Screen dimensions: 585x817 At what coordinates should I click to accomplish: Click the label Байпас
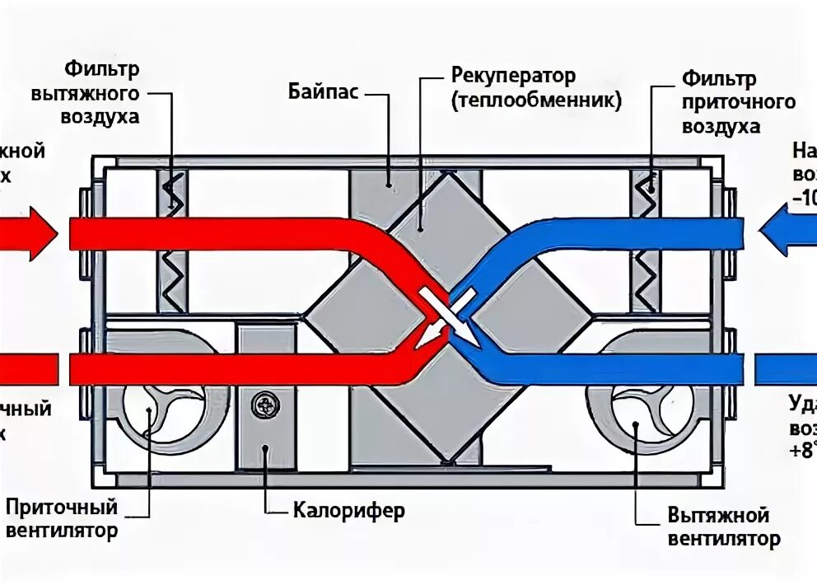click(323, 91)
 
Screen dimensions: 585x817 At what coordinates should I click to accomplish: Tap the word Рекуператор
click(513, 76)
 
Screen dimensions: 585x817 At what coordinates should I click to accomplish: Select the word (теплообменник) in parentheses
click(535, 101)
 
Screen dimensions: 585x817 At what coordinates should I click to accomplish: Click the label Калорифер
click(349, 511)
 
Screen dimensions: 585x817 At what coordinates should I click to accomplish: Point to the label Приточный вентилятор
click(61, 517)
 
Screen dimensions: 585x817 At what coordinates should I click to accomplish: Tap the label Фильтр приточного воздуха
click(738, 103)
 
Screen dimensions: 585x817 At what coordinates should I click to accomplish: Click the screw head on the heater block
click(265, 405)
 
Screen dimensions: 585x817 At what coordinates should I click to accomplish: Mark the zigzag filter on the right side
click(646, 239)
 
